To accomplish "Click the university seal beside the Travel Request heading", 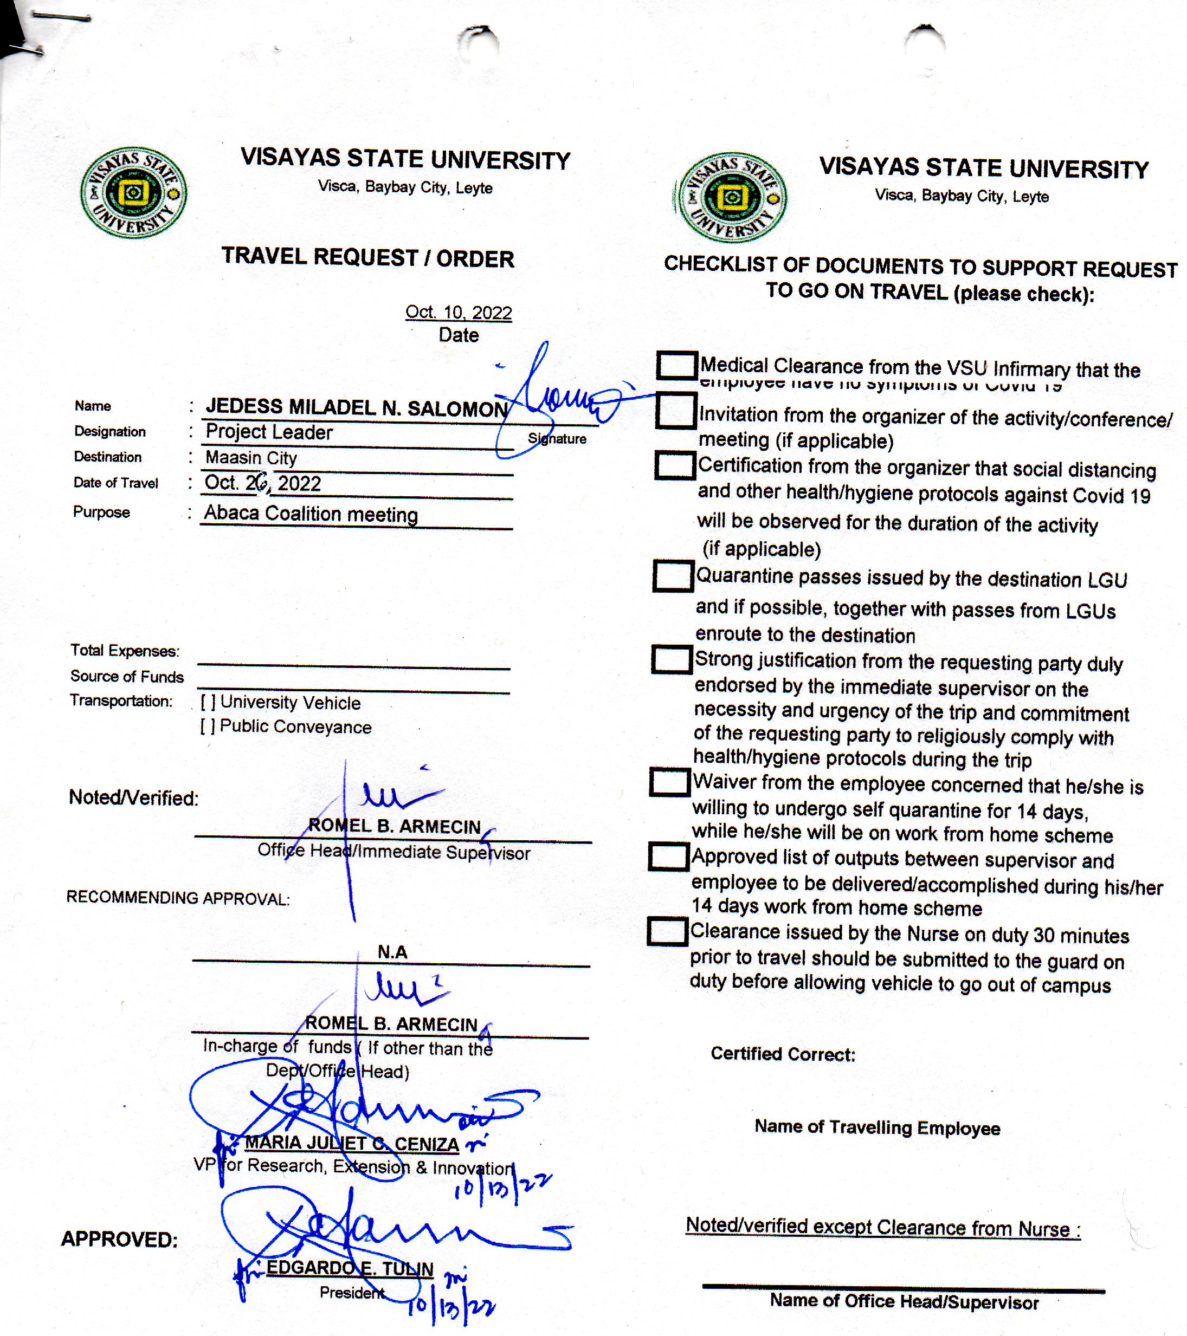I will point(133,192).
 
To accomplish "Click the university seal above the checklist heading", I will point(732,197).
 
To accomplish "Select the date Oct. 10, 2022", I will point(458,313).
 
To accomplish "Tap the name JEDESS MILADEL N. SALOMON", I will point(357,408).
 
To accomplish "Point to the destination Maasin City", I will point(251,458).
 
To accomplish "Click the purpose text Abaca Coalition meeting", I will point(311,514).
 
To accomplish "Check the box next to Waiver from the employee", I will point(670,782).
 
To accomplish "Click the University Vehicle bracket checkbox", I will point(207,703).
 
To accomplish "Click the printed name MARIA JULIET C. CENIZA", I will point(352,1143).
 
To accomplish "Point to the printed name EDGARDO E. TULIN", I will point(350,1268).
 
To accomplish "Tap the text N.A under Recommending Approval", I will point(392,952).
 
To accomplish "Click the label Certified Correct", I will point(783,1054).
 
